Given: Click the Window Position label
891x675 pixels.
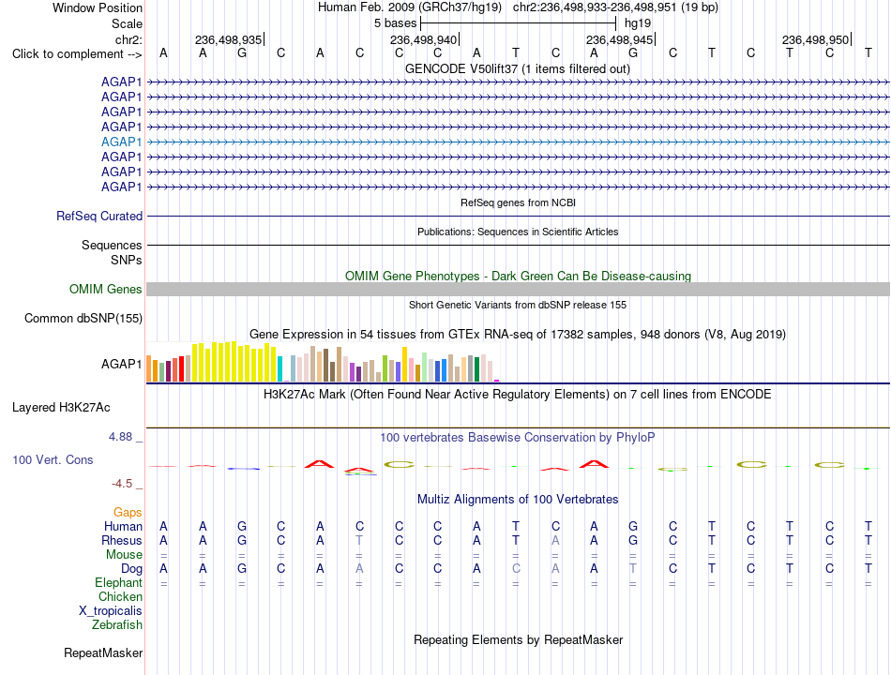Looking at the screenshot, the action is tap(98, 7).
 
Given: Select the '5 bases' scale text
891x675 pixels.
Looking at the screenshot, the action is tap(395, 23).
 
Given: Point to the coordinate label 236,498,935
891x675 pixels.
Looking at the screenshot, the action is tap(229, 39).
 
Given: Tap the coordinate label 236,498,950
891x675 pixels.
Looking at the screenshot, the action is tap(815, 39).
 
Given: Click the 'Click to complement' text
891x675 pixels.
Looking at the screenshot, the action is tap(68, 54).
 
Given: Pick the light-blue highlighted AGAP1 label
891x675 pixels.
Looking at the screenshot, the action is tap(122, 142).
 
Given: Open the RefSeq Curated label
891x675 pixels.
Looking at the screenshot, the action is tap(99, 216).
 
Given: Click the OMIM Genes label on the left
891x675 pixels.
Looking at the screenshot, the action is tap(106, 289).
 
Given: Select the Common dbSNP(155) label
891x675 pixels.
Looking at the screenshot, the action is tap(83, 318).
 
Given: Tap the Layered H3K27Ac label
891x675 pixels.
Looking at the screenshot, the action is tap(61, 408).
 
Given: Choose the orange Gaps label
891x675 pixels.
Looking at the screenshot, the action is tap(128, 513).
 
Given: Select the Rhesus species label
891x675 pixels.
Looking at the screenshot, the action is tap(122, 540).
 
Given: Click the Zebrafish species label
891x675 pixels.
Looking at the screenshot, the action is tap(117, 625).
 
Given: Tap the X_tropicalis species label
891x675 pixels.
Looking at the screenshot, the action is tap(111, 611).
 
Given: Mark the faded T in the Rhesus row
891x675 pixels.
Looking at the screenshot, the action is tap(359, 540).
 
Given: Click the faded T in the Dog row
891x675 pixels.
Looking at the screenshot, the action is tap(633, 569).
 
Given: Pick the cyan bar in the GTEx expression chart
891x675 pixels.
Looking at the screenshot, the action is tap(279, 368).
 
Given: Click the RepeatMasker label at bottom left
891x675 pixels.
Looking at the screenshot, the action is tap(103, 653).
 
